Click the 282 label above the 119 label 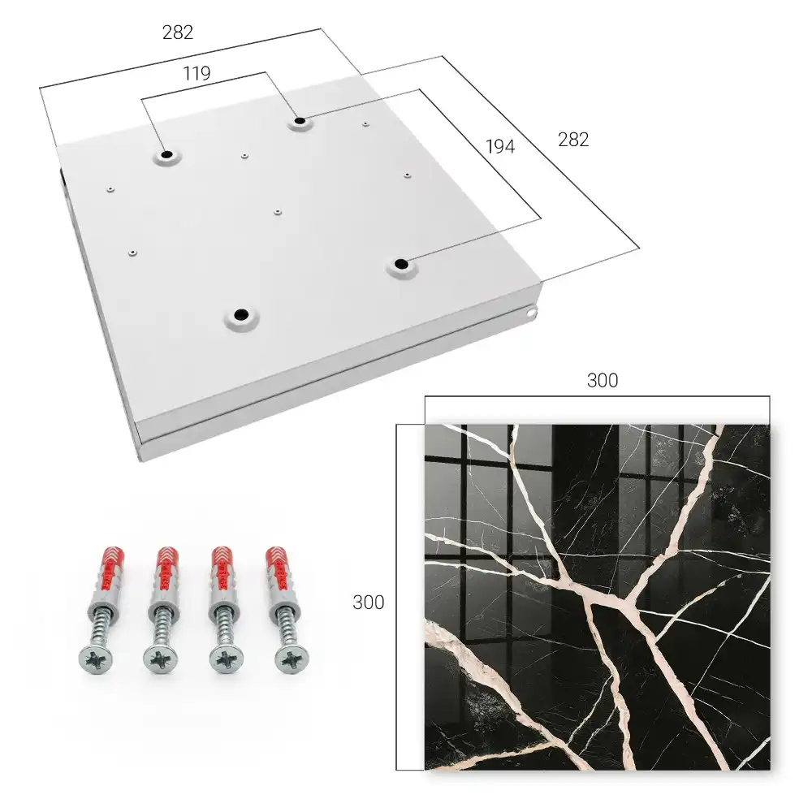pyautogui.click(x=178, y=32)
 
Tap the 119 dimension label pyautogui.click(x=197, y=74)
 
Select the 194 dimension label pyautogui.click(x=500, y=146)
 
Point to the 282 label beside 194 pyautogui.click(x=573, y=140)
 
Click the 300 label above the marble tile pyautogui.click(x=603, y=380)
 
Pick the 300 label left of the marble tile pyautogui.click(x=368, y=603)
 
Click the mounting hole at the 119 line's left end pyautogui.click(x=167, y=154)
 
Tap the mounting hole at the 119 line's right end pyautogui.click(x=300, y=122)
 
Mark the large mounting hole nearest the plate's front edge pyautogui.click(x=241, y=314)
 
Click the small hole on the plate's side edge pyautogui.click(x=530, y=313)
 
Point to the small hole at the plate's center pyautogui.click(x=278, y=212)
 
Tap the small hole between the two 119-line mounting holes pyautogui.click(x=244, y=155)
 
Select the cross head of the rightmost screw pyautogui.click(x=291, y=659)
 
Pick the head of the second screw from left pyautogui.click(x=160, y=659)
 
